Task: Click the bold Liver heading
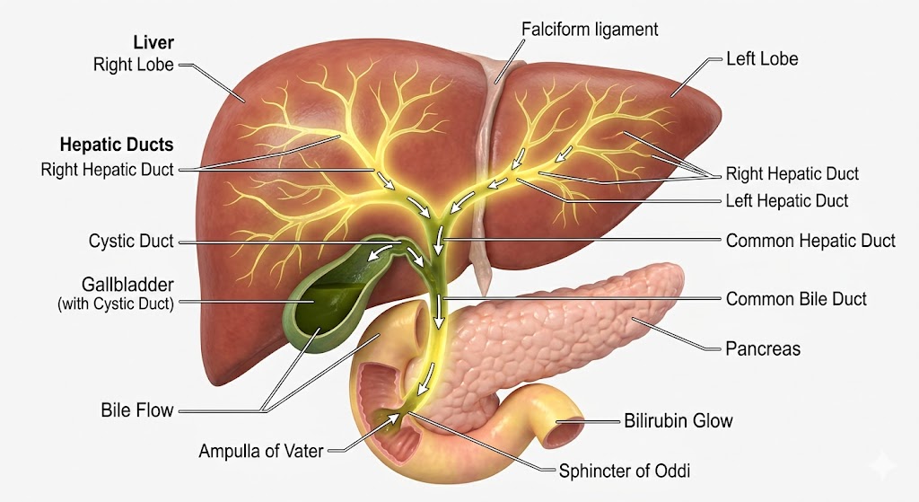pos(153,42)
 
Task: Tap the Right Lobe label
pos(133,65)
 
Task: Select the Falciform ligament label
pos(590,30)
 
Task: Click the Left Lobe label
pos(762,59)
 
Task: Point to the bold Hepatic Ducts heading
pos(117,144)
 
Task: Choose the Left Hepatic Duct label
pos(786,201)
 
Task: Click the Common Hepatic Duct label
pos(810,241)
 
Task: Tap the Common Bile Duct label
pos(796,299)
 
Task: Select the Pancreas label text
pos(762,348)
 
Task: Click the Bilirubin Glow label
pos(678,420)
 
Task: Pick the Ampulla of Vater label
pos(260,451)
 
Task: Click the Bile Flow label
pos(136,411)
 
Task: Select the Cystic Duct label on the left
pos(131,242)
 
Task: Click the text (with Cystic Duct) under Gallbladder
pos(117,304)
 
